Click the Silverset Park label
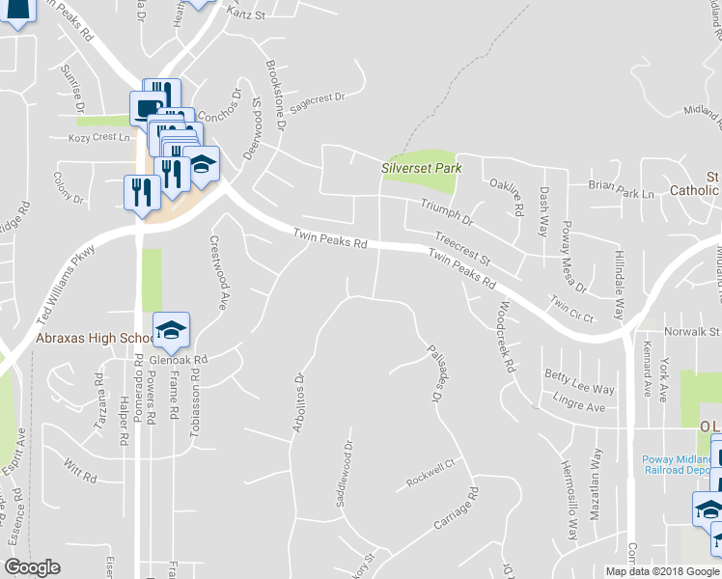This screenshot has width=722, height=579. pyautogui.click(x=421, y=168)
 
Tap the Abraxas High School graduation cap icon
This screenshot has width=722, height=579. pyautogui.click(x=171, y=330)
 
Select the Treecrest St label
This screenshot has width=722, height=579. pyautogui.click(x=463, y=249)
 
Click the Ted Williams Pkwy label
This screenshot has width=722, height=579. pyautogui.click(x=68, y=284)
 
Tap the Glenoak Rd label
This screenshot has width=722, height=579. pyautogui.click(x=179, y=361)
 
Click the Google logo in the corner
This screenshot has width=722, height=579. pyautogui.click(x=33, y=567)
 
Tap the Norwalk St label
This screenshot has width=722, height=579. pyautogui.click(x=701, y=332)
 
